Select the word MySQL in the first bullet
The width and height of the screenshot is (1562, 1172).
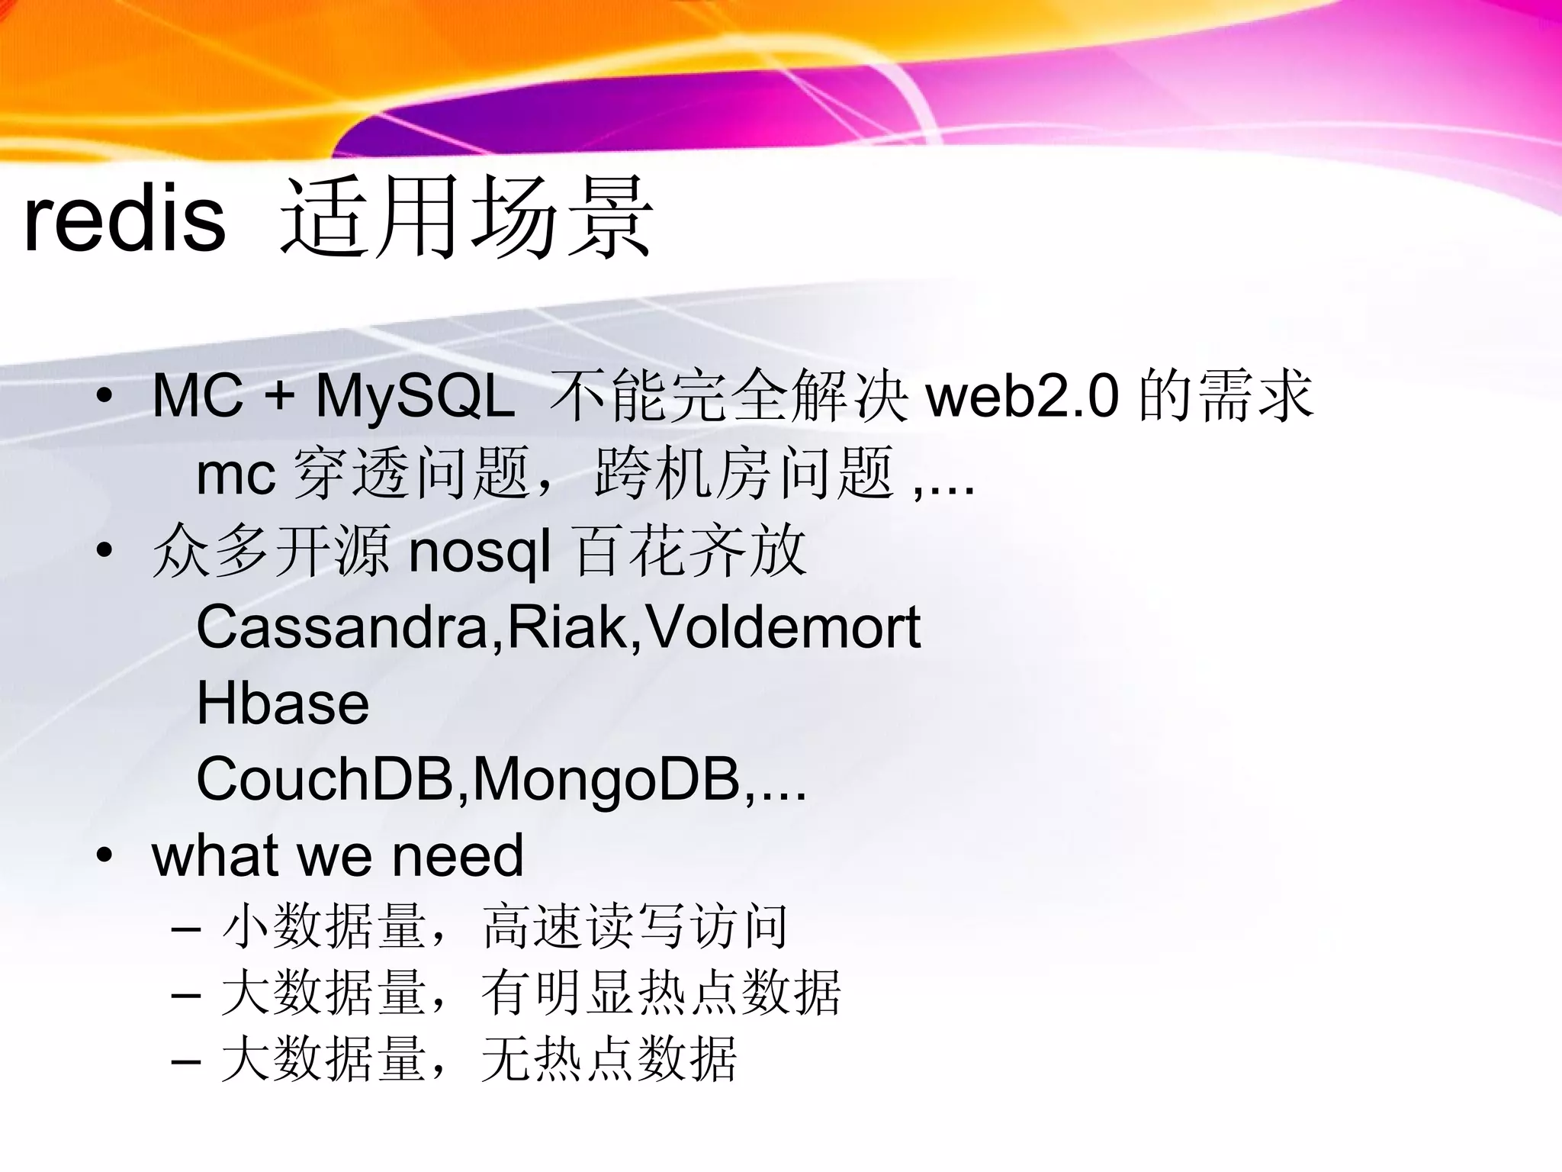click(x=416, y=396)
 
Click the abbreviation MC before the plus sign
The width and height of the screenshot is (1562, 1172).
click(x=197, y=396)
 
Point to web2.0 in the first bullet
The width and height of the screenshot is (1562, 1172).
click(x=1022, y=396)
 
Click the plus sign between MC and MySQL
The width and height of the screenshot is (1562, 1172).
click(x=279, y=398)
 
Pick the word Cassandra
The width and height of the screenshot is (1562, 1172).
click(x=342, y=627)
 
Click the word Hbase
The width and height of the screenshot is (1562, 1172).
click(x=283, y=704)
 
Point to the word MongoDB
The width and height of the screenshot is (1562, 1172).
click(x=606, y=780)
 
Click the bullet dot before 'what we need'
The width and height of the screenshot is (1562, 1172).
click(x=104, y=855)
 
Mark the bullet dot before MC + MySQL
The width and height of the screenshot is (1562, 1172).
click(x=104, y=396)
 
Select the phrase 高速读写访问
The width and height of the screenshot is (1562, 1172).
click(x=635, y=927)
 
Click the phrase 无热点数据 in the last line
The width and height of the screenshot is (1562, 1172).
click(x=609, y=1059)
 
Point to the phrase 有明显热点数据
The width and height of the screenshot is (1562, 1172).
click(x=660, y=993)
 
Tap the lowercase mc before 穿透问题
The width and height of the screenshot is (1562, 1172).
click(x=235, y=475)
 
